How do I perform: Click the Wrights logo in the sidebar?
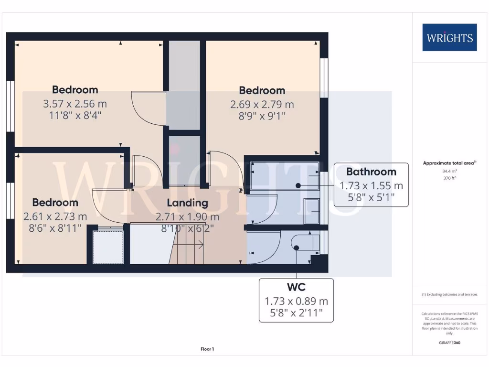449,37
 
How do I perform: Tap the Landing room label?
188,203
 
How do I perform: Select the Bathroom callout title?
371,172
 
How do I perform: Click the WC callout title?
296,287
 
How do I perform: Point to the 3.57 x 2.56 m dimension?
75,103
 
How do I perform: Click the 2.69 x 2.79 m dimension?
262,104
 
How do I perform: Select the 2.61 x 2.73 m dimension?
55,216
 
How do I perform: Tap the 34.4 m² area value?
449,171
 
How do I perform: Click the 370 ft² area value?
449,178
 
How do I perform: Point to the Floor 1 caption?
207,349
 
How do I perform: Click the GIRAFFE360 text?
449,343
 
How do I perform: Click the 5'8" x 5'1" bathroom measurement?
371,196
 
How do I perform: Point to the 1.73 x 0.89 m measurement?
296,302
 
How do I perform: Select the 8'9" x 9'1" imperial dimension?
262,116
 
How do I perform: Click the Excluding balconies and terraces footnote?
449,294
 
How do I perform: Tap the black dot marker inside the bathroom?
298,185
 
